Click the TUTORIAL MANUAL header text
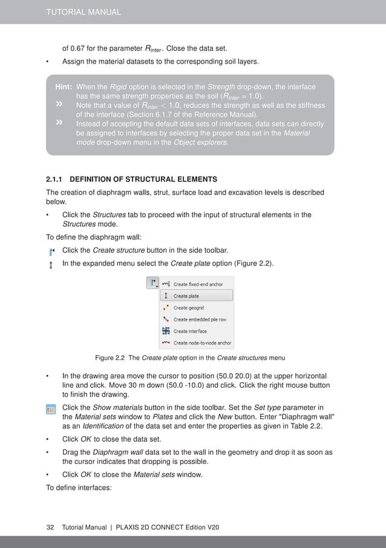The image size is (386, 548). click(x=83, y=11)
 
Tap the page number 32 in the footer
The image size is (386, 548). click(x=51, y=527)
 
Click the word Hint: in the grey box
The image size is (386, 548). click(x=64, y=87)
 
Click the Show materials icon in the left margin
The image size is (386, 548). click(x=51, y=411)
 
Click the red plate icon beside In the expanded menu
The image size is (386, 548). click(x=51, y=264)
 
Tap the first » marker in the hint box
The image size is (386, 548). click(x=59, y=105)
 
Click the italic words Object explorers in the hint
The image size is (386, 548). click(x=200, y=143)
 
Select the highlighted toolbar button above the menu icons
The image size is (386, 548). click(x=152, y=283)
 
